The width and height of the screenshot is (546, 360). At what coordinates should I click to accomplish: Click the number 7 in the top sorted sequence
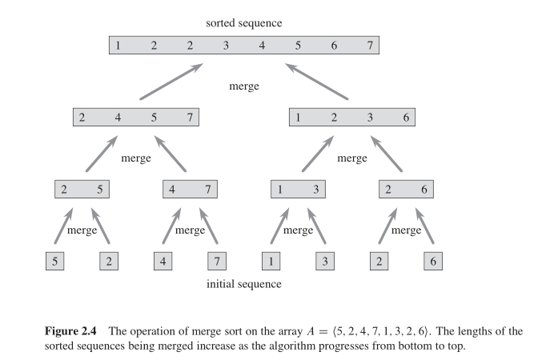(370, 45)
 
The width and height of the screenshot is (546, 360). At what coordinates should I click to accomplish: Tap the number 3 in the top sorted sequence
(226, 45)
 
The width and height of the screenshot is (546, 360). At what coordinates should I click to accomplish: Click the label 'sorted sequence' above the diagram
(243, 23)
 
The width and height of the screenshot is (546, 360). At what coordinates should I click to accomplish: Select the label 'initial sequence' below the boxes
(243, 283)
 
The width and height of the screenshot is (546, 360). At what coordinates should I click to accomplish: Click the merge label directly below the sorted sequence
(243, 86)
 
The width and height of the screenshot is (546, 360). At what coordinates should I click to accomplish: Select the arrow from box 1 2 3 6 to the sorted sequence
(317, 82)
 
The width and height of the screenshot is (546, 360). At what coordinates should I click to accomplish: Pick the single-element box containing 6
(432, 261)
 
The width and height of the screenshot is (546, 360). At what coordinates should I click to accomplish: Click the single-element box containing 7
(216, 261)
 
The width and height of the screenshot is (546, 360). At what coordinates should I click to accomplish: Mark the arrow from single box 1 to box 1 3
(275, 226)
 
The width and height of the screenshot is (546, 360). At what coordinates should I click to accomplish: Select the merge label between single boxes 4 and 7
(190, 230)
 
